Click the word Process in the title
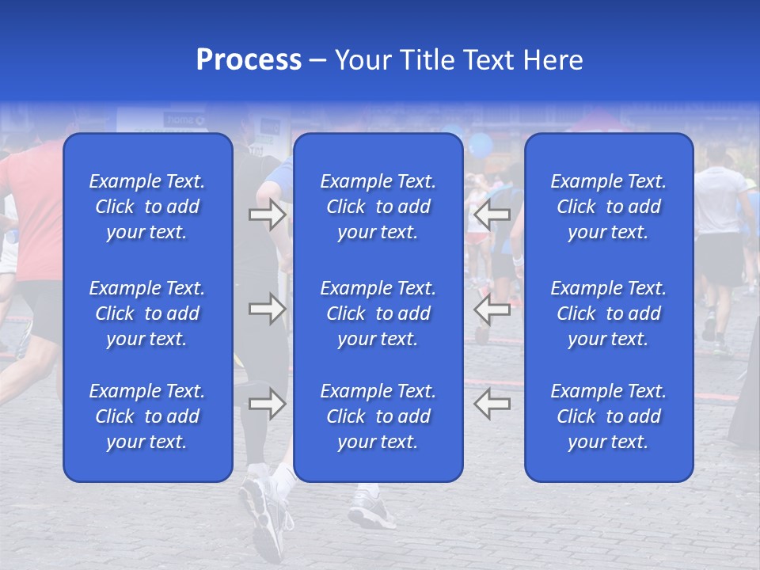tap(249, 60)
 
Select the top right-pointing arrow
tap(267, 215)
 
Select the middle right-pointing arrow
tap(267, 309)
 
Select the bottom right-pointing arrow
tap(267, 404)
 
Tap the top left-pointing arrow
tap(492, 215)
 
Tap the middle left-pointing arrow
tap(492, 309)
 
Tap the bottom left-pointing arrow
tap(492, 404)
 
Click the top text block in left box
tap(147, 207)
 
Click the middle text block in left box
tap(147, 313)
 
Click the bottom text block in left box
tap(147, 416)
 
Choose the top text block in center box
tap(378, 207)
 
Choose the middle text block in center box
tap(378, 313)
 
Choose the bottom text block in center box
tap(378, 416)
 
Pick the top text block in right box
tap(609, 207)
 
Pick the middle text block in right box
tap(609, 313)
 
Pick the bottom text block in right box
tap(609, 416)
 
